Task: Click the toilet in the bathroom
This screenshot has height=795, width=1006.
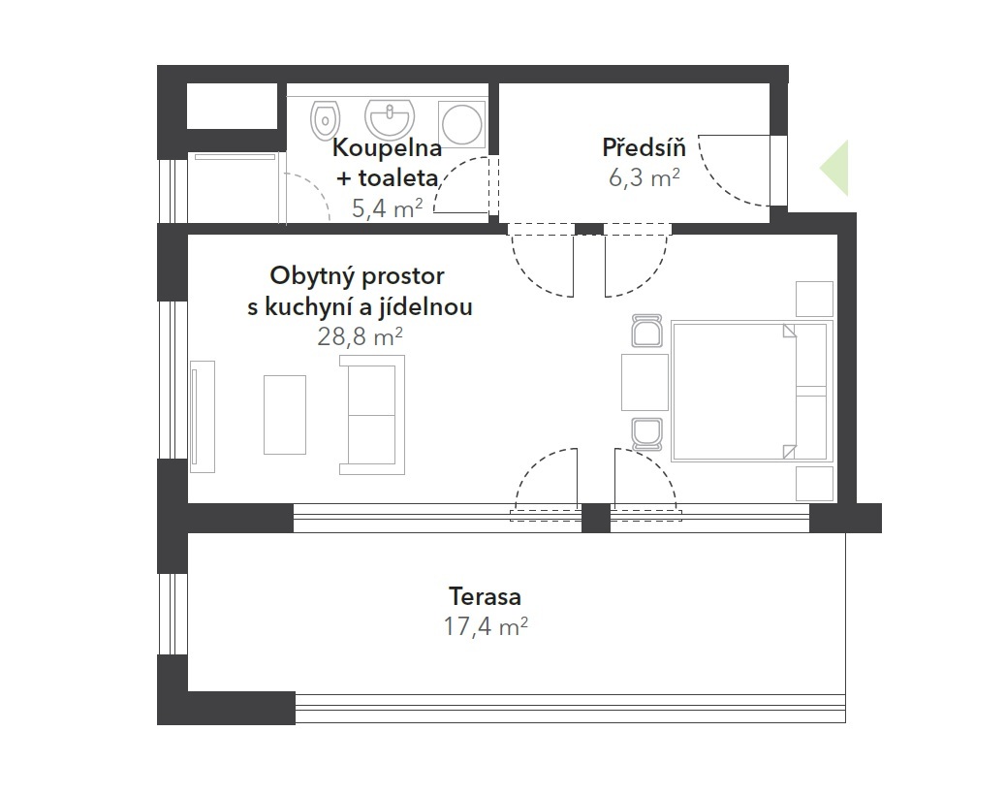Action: coord(325,120)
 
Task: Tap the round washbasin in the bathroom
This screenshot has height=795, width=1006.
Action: coord(390,118)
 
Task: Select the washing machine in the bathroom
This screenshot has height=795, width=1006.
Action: coord(462,124)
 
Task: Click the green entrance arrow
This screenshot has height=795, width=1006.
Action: coord(834,168)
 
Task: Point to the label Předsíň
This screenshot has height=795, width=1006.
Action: coord(644,147)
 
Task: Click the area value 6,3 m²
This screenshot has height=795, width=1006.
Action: coord(644,177)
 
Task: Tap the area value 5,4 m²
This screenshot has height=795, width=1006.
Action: coord(387,207)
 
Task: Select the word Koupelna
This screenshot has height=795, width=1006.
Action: coord(387,148)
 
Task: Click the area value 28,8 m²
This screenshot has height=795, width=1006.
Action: coord(360,335)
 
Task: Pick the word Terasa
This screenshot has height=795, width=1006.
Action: coord(485,596)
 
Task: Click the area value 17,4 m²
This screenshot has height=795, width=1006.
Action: coord(485,625)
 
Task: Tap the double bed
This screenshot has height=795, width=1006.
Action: coord(752,392)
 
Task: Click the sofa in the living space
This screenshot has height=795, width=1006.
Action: coord(372,416)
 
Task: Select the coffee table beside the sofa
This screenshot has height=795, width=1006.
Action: coord(285,415)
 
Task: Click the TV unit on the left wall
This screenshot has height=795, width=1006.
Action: coord(203,417)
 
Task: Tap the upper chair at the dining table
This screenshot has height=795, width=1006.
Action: coord(646,332)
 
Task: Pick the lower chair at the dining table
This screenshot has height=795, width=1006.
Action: coord(646,433)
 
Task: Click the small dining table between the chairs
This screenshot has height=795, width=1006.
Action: coord(644,382)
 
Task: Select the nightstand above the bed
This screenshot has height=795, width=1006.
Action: coord(815,299)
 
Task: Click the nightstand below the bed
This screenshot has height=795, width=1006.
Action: coord(815,484)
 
